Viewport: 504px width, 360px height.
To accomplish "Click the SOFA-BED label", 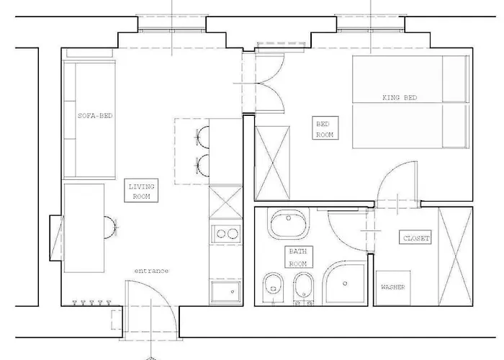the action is point(95,116).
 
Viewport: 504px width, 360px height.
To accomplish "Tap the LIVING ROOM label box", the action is point(141,191).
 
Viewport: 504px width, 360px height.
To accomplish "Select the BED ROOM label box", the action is point(325,128).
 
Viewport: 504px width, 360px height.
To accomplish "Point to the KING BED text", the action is point(400,97).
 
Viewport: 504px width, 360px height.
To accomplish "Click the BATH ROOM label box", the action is point(298,257).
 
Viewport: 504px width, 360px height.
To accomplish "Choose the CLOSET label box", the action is point(415,237).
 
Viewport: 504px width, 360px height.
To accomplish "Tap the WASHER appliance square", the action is point(393,288).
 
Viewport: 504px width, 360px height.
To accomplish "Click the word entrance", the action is point(151,271).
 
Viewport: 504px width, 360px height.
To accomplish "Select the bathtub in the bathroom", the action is point(288,224).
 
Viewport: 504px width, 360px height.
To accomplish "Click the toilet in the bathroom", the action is point(273,288).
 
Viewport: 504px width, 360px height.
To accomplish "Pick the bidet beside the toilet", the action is point(304,288).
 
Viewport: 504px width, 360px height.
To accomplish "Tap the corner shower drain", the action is point(345,284).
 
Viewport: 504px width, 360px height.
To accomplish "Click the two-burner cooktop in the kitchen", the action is point(226,234).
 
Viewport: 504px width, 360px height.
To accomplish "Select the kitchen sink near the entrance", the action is point(225,292).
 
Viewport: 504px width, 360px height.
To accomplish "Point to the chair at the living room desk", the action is point(110,228).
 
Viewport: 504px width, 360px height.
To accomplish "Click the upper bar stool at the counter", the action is point(202,138).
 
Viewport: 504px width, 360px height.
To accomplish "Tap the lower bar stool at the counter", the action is point(202,166).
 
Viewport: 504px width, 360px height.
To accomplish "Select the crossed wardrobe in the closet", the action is point(455,256).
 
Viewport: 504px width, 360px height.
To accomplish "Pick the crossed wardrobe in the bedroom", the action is point(272,163).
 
